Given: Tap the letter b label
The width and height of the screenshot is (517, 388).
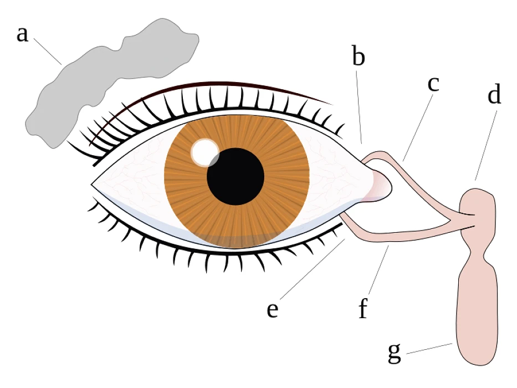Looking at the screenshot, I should tap(359, 57).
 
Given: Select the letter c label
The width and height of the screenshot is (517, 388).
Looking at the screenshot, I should tap(433, 84).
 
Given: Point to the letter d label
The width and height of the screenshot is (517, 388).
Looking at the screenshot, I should tap(494, 95).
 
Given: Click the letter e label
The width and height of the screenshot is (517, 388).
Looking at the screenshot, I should tap(272, 310).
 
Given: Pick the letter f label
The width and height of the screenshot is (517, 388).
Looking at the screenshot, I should tap(363, 309).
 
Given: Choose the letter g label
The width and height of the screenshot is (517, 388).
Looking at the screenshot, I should tap(394, 353).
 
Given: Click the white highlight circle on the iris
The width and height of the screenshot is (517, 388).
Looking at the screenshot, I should tap(204, 150).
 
